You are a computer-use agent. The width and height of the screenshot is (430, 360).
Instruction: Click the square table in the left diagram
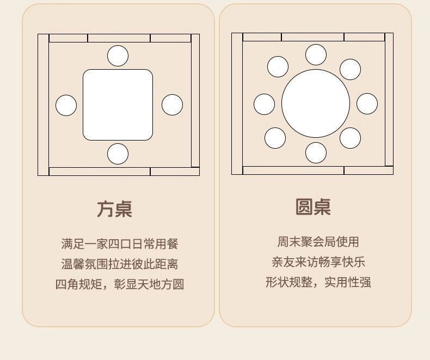[x=118, y=105]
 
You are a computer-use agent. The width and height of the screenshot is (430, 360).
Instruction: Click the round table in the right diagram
[x=316, y=103]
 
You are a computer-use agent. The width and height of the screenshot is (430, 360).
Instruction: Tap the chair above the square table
[x=118, y=56]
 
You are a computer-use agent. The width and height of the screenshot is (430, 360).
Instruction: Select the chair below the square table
[x=118, y=154]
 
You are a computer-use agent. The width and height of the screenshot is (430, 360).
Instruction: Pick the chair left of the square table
[x=66, y=105]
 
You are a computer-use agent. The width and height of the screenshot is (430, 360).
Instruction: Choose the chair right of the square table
[x=172, y=105]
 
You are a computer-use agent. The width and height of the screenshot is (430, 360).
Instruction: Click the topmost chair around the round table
[x=316, y=54]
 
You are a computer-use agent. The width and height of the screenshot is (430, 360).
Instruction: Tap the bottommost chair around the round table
[x=316, y=152]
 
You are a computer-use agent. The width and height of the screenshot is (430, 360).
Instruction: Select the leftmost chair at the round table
[x=264, y=104]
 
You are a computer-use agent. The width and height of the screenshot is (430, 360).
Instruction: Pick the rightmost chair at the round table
[x=367, y=103]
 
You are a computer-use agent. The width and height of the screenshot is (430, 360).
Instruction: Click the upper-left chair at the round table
[x=278, y=66]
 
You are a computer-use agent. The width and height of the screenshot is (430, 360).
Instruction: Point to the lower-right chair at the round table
[x=350, y=138]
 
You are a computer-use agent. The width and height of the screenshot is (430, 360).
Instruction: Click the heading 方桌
[x=115, y=209]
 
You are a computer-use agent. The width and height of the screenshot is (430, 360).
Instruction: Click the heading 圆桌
[x=313, y=207]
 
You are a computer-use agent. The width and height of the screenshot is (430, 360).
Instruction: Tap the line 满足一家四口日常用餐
[x=120, y=243]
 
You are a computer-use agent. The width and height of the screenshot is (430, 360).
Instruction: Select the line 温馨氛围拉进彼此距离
[x=120, y=265]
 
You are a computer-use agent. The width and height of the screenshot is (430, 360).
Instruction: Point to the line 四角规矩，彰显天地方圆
[x=120, y=284]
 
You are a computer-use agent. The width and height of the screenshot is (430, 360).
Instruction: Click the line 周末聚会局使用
[x=318, y=242]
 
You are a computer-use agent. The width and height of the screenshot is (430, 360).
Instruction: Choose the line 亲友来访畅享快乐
[x=318, y=262]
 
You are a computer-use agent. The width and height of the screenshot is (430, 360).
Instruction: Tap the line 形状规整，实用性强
[x=318, y=282]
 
